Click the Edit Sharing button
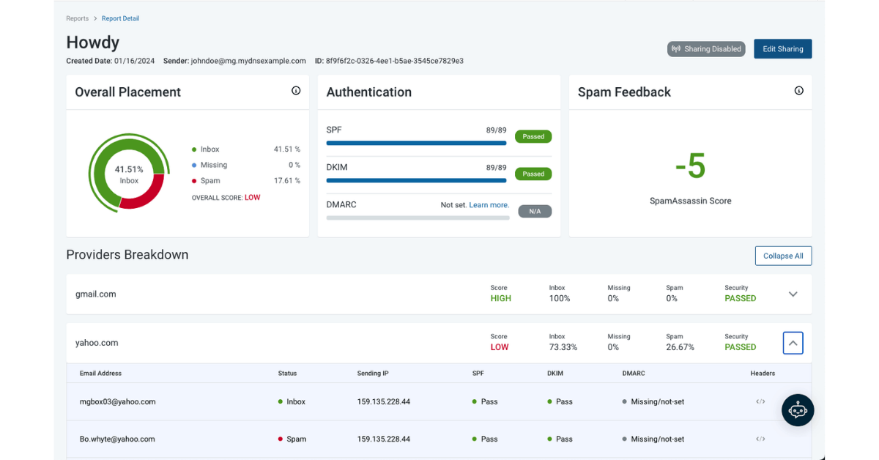(x=782, y=49)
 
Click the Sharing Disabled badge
(x=706, y=49)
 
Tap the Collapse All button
(x=783, y=256)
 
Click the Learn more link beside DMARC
(x=489, y=205)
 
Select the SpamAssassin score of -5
(x=690, y=166)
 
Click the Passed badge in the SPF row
(x=533, y=136)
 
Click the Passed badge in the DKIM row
(x=533, y=174)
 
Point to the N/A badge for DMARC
(x=535, y=211)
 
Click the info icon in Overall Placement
(x=296, y=91)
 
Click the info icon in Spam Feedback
(x=798, y=91)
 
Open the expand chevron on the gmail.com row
(x=793, y=294)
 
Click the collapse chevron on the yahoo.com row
(x=793, y=343)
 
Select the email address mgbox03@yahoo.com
(x=117, y=401)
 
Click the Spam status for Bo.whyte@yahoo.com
(x=296, y=439)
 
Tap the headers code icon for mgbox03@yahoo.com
(x=760, y=401)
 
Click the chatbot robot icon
(x=798, y=410)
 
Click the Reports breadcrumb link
(x=77, y=18)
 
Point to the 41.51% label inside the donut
(x=129, y=169)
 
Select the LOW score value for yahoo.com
(x=500, y=347)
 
